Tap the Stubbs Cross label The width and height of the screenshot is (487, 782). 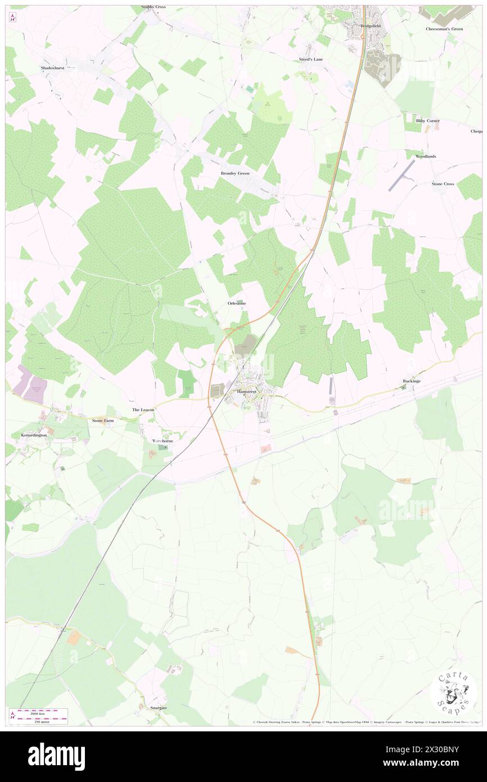152,8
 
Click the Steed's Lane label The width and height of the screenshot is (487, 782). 309,59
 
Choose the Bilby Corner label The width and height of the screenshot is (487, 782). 427,120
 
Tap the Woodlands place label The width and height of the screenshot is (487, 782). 426,156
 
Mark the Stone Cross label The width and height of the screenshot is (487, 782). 443,184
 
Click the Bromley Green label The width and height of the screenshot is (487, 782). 235,173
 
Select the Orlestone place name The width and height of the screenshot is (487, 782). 237,303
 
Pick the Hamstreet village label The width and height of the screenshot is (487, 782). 246,391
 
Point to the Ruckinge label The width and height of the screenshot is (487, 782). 412,381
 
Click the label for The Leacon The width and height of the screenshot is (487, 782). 143,410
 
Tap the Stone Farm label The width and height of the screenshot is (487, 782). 103,420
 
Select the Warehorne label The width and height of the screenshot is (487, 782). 163,441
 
